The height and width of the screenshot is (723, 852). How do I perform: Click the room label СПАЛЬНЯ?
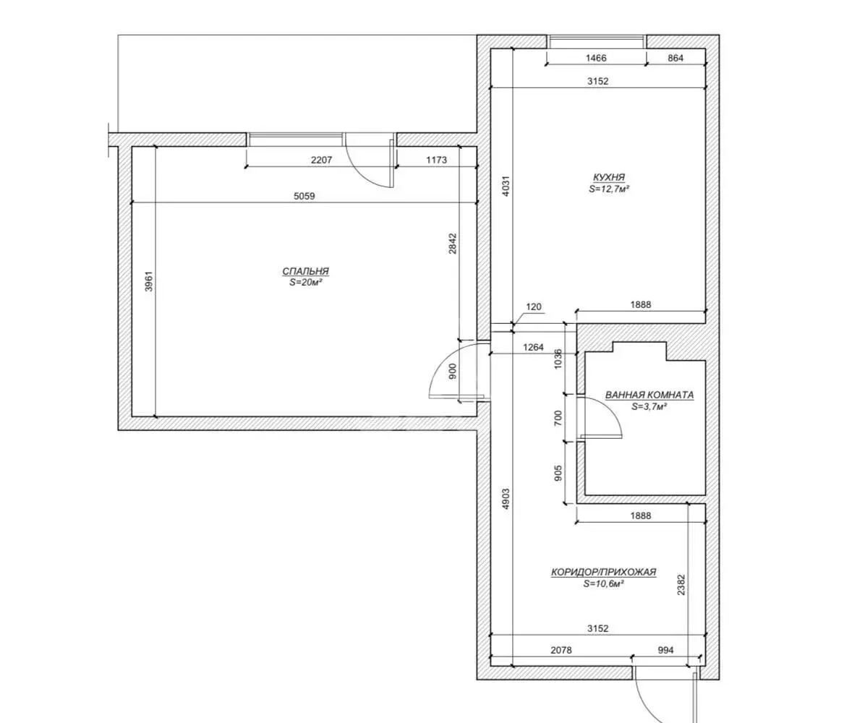tap(305, 271)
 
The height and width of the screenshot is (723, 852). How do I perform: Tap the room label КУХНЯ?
tap(608, 177)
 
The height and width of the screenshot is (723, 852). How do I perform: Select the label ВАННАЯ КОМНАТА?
tap(649, 395)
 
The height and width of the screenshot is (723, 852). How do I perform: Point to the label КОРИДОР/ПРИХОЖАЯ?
tap(604, 572)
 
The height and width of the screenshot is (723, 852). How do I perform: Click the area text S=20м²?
tap(306, 283)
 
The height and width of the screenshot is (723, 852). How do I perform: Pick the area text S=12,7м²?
tap(609, 189)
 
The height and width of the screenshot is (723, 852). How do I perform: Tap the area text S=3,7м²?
tap(649, 406)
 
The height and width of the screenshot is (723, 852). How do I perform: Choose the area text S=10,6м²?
tap(603, 584)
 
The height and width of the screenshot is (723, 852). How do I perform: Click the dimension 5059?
tap(304, 196)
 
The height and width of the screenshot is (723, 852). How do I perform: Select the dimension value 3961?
tap(149, 281)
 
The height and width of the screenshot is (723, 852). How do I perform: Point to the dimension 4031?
tap(506, 185)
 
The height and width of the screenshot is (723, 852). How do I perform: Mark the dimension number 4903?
tap(506, 499)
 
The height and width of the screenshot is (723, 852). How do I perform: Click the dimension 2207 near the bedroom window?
tap(321, 161)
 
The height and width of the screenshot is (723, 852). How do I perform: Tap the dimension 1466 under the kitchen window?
tap(596, 58)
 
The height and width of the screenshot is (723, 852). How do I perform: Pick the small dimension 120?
tap(534, 307)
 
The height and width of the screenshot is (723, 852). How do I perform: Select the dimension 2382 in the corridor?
tap(681, 585)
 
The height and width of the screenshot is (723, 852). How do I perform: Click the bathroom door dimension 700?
tap(558, 419)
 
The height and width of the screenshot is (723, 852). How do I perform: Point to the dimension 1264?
tap(533, 347)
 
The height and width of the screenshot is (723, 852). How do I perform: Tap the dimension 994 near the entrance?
tap(665, 650)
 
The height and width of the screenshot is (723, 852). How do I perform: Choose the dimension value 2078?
tap(561, 650)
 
